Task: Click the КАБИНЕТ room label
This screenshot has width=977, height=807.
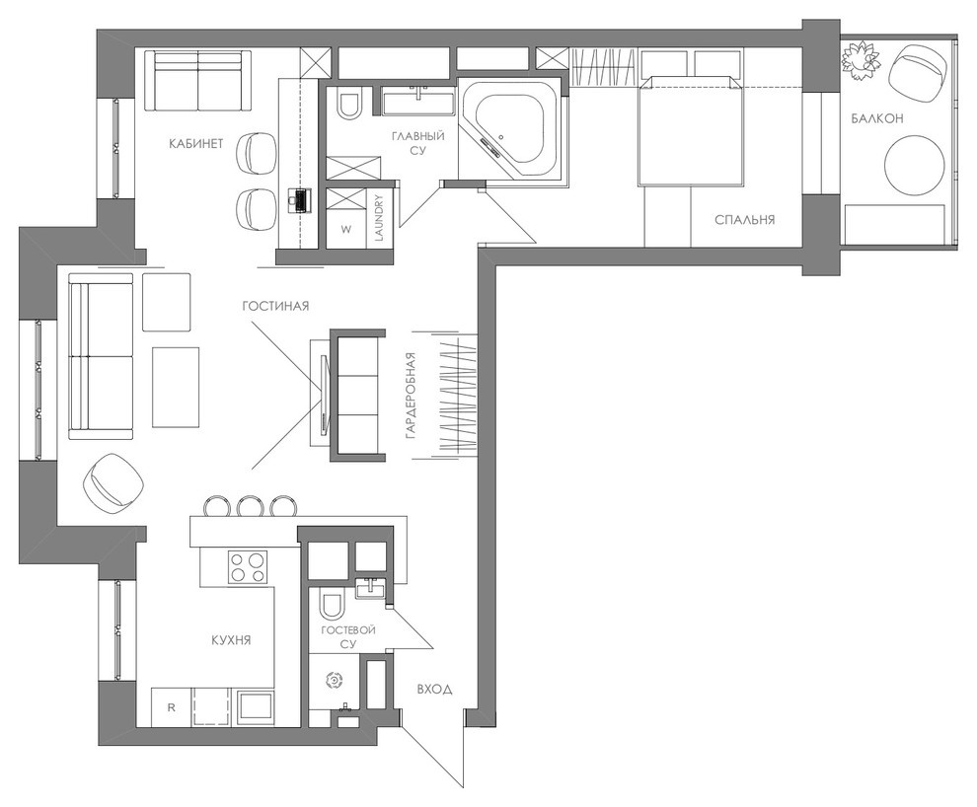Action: pos(196,144)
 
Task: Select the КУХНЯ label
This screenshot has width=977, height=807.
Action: pos(230,640)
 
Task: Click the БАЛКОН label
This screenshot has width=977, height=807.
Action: pos(877,119)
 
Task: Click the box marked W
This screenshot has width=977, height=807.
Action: pos(346,230)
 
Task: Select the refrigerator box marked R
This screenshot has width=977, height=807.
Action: pos(171,707)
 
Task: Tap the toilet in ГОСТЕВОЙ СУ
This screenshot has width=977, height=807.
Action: pos(332,603)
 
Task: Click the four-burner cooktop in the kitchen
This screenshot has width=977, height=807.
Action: pos(248,566)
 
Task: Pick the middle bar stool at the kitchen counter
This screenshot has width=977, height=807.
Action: pos(249,507)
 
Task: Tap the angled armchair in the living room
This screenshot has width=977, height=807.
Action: pos(113,482)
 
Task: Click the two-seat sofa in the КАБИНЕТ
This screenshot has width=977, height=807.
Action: pos(198,81)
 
